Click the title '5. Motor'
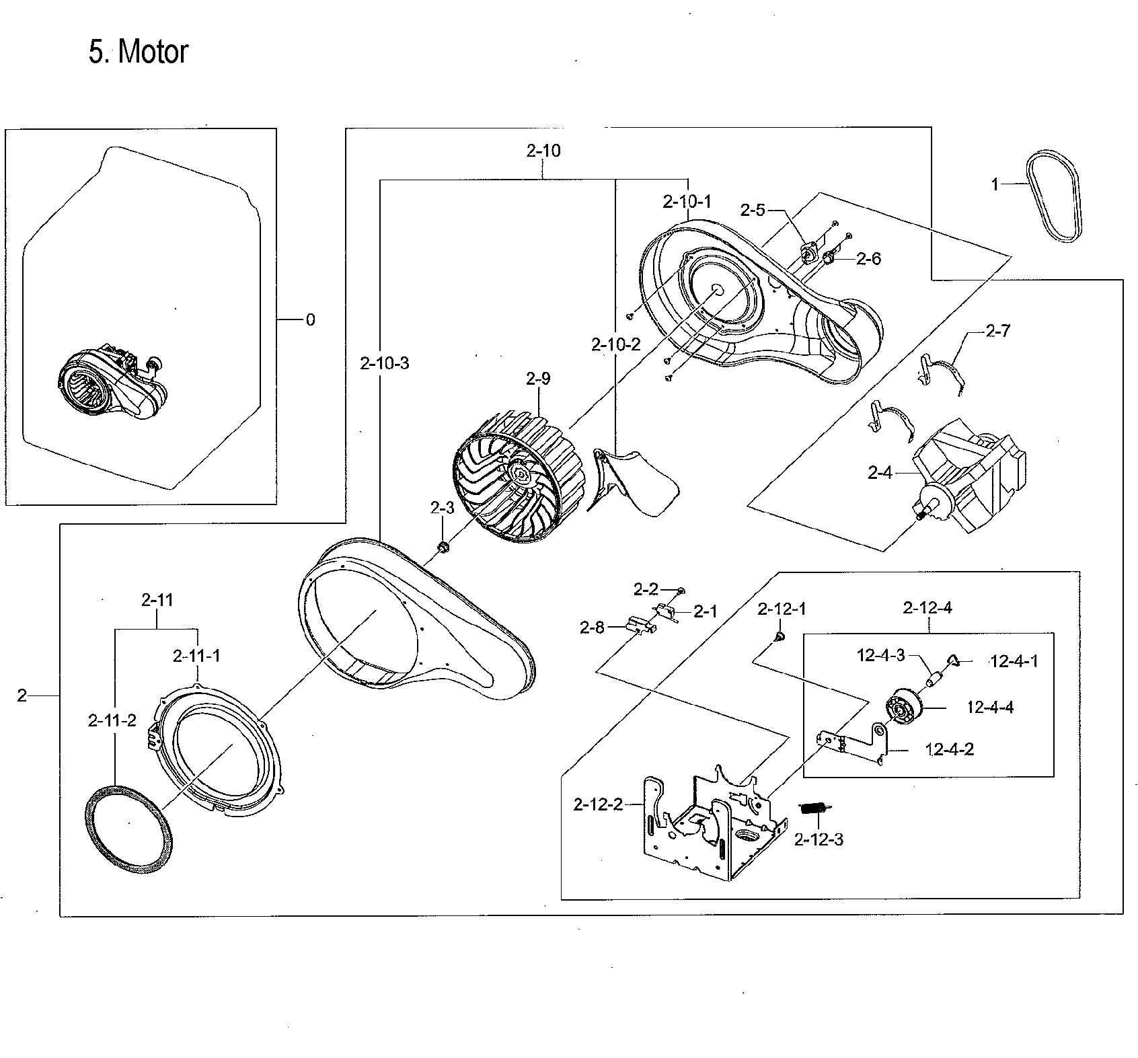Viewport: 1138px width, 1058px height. click(x=138, y=52)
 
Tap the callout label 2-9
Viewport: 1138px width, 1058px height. click(x=538, y=379)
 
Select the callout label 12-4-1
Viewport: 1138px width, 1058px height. click(x=1014, y=661)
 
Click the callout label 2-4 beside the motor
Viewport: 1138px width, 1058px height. click(x=880, y=473)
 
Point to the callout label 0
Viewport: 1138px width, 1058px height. click(x=310, y=320)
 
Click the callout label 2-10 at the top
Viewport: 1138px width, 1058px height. click(x=543, y=151)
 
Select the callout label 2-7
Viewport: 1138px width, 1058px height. click(x=997, y=331)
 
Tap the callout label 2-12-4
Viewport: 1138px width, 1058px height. click(x=928, y=608)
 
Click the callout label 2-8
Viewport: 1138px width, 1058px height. click(x=592, y=628)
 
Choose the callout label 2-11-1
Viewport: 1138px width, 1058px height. click(x=196, y=655)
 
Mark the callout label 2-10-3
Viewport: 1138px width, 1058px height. click(x=385, y=364)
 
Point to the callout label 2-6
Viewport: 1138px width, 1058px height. click(x=869, y=259)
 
